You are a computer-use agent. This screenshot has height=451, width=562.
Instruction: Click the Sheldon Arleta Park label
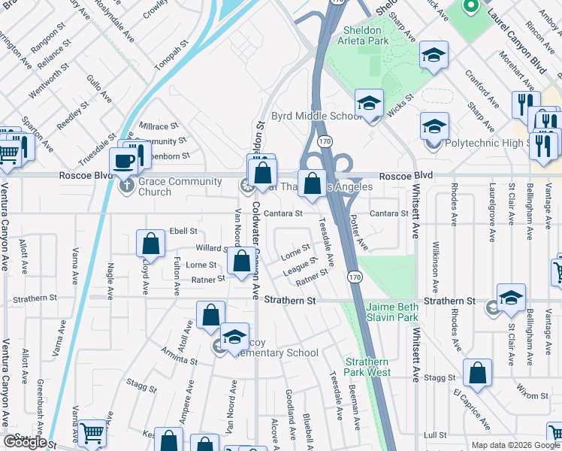366,35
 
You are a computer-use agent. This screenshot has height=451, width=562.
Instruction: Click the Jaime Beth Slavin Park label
391,313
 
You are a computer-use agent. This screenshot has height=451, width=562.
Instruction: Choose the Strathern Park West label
368,367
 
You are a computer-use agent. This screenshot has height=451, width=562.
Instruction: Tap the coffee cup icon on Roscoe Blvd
123,161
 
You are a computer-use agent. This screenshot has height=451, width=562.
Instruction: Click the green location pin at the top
471,8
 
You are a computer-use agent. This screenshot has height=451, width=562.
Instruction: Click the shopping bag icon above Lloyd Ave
150,244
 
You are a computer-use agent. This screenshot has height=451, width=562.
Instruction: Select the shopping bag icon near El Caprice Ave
477,373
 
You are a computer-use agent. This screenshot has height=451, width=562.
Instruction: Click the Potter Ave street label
360,233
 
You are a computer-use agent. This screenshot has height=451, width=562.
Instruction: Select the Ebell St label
183,231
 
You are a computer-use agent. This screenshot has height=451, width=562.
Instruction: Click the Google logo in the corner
25,442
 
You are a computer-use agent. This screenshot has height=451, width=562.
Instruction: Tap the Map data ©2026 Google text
514,445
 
